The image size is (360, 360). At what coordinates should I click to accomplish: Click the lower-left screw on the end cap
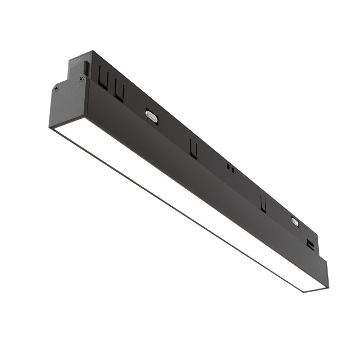pyautogui.click(x=56, y=88)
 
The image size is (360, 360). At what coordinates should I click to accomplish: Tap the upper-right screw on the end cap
pyautogui.click(x=81, y=78)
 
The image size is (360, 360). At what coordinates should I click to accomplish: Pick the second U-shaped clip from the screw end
pyautogui.click(x=119, y=92)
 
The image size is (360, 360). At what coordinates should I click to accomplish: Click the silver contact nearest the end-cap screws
pyautogui.click(x=152, y=116)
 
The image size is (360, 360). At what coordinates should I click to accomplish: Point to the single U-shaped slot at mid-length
pyautogui.click(x=193, y=148)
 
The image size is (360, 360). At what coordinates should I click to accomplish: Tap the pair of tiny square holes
pyautogui.click(x=230, y=168)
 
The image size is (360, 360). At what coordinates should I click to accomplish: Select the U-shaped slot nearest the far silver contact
pyautogui.click(x=264, y=204)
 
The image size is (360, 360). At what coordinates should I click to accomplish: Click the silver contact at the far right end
pyautogui.click(x=295, y=221)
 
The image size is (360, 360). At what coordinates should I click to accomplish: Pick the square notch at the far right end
pyautogui.click(x=310, y=245)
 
